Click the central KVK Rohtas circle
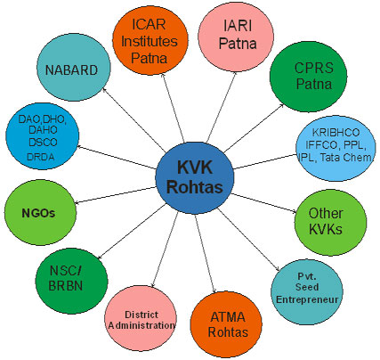point(195,178)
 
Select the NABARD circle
point(73,67)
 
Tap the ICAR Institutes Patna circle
point(150,41)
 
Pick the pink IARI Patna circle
point(236,37)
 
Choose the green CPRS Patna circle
point(308,77)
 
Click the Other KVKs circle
point(330,223)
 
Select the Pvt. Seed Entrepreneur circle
point(307,292)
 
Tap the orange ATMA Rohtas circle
point(226,324)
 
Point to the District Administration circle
point(141,318)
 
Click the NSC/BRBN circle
point(71,281)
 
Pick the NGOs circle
point(40,213)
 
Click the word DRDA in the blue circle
point(41,157)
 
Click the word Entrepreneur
point(307,299)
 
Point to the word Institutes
point(150,41)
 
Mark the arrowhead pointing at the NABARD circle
point(104,89)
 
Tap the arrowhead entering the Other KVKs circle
point(294,211)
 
